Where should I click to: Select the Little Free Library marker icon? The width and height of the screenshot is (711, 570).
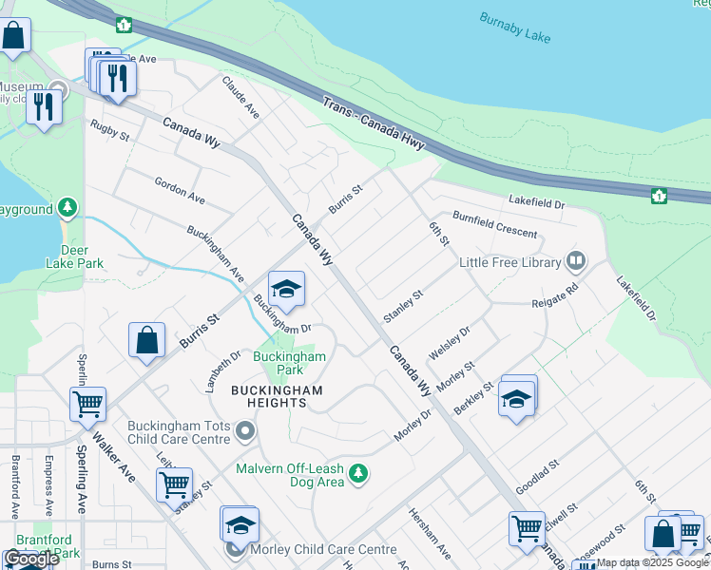[x=575, y=260]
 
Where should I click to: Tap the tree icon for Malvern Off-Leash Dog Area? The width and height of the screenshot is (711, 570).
[x=357, y=472]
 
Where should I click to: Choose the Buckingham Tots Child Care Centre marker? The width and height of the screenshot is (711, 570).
[x=246, y=433]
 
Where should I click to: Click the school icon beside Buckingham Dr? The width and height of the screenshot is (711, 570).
[x=285, y=288]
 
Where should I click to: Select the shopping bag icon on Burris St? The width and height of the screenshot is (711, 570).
[x=147, y=340]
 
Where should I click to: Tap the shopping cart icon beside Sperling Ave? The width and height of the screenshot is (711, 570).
[x=88, y=404]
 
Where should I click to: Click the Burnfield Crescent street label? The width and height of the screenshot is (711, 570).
[x=493, y=225]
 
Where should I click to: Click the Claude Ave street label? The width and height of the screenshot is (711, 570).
[x=240, y=97]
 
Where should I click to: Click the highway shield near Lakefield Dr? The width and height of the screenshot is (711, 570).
[x=658, y=196]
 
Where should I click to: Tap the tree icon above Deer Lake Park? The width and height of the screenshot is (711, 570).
[x=67, y=206]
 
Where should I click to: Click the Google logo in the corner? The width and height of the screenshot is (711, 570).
[x=31, y=559]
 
